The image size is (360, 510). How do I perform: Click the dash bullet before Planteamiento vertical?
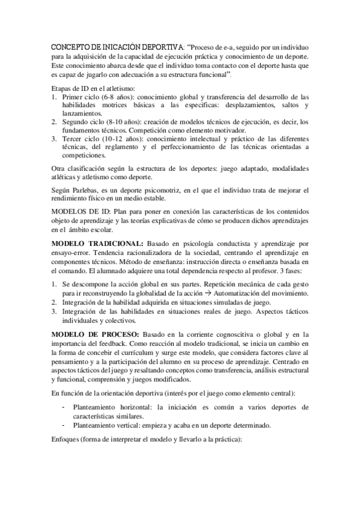click(x=64, y=425)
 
